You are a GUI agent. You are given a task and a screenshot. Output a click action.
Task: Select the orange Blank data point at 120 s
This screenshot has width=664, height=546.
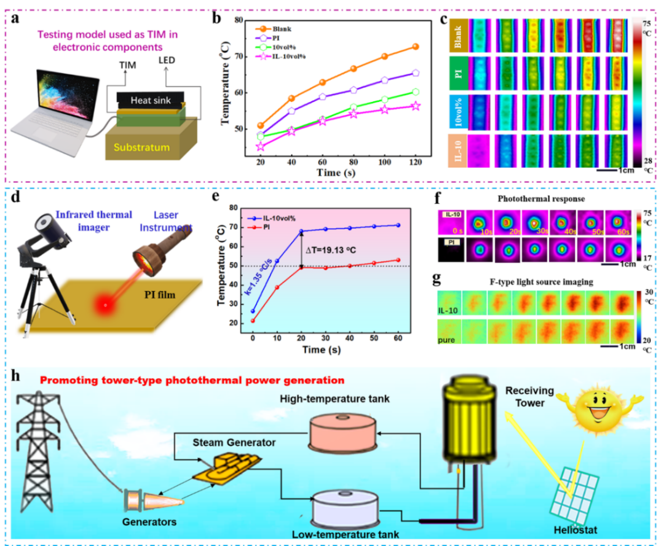(416, 47)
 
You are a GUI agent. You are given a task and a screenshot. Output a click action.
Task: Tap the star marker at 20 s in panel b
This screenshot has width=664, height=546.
(260, 147)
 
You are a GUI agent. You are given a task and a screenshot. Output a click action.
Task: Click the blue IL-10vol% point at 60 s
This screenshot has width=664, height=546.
(416, 225)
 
